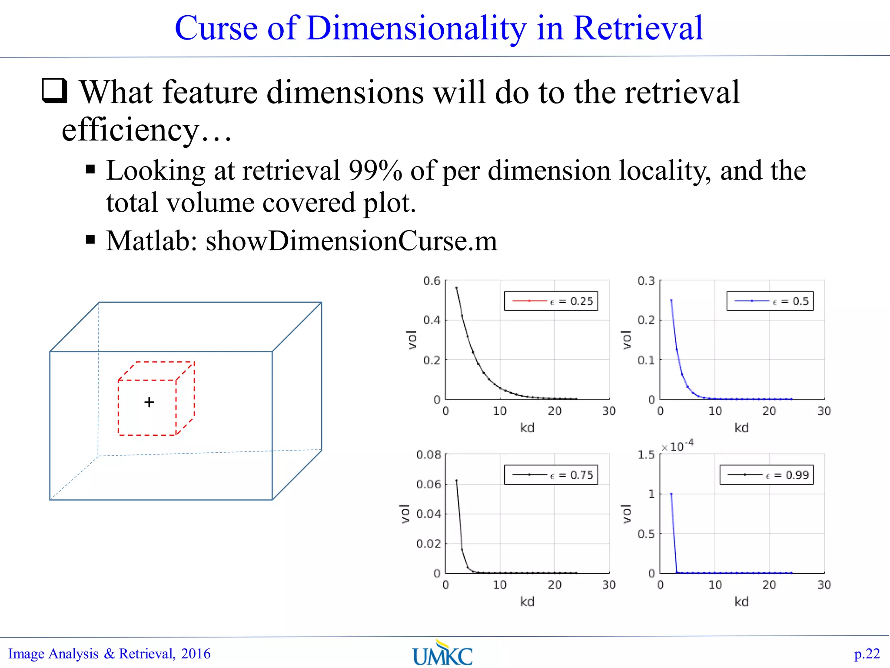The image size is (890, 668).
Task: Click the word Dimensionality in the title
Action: pyautogui.click(x=416, y=28)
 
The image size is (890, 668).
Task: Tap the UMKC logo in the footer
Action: pyautogui.click(x=442, y=654)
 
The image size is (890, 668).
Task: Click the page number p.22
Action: pyautogui.click(x=867, y=654)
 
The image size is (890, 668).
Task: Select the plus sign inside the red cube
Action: pyautogui.click(x=149, y=402)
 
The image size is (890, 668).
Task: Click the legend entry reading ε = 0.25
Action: pyautogui.click(x=551, y=301)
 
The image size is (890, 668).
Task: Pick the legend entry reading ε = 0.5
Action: pyautogui.click(x=770, y=301)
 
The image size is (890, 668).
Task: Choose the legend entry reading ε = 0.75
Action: pyautogui.click(x=551, y=475)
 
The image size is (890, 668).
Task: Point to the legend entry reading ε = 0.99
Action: pyautogui.click(x=767, y=475)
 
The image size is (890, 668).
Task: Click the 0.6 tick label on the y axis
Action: pyautogui.click(x=432, y=281)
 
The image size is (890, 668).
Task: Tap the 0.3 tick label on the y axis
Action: pyautogui.click(x=646, y=281)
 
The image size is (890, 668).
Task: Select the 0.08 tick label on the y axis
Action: pyautogui.click(x=428, y=455)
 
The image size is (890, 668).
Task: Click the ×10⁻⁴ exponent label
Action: pyautogui.click(x=677, y=446)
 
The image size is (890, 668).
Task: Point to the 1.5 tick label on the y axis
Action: pyautogui.click(x=646, y=455)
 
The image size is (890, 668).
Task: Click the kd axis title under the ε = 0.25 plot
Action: pyautogui.click(x=527, y=428)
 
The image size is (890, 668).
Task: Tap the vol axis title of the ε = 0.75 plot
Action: pyautogui.click(x=405, y=514)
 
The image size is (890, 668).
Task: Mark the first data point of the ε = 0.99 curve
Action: pyautogui.click(x=671, y=494)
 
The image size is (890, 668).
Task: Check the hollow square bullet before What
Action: pyautogui.click(x=55, y=90)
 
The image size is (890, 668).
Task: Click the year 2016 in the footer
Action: pyautogui.click(x=196, y=654)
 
